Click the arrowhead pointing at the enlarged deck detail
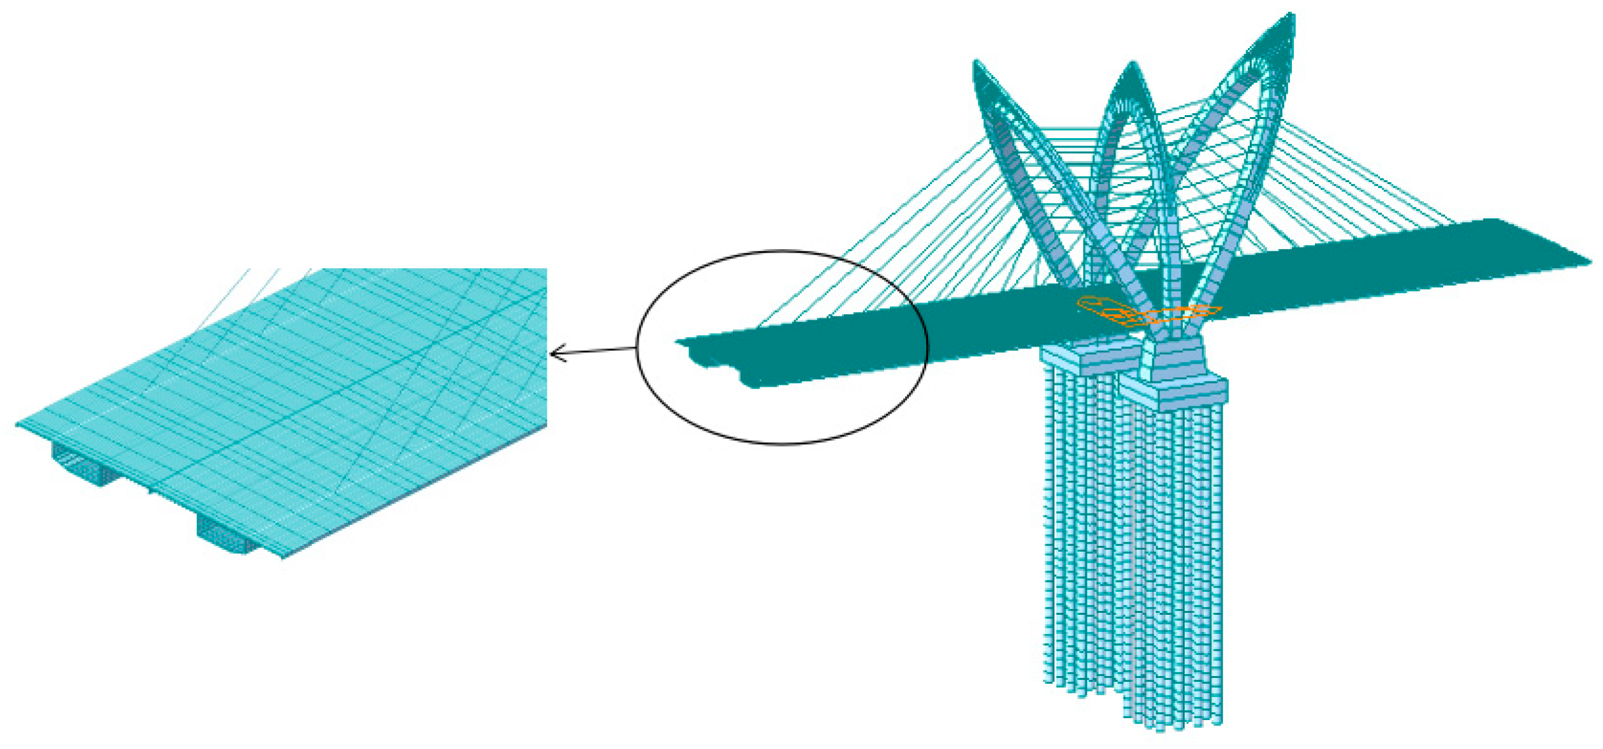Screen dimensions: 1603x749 coord(554,354)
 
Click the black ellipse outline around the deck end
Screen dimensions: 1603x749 coord(782,251)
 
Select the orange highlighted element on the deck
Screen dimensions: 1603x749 coord(1148,313)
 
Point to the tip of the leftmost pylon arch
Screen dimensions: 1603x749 coord(977,63)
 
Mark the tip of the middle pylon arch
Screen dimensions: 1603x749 coord(1132,65)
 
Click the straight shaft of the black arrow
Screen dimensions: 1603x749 coord(595,351)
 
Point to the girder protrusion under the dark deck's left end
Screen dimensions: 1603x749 coord(750,380)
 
